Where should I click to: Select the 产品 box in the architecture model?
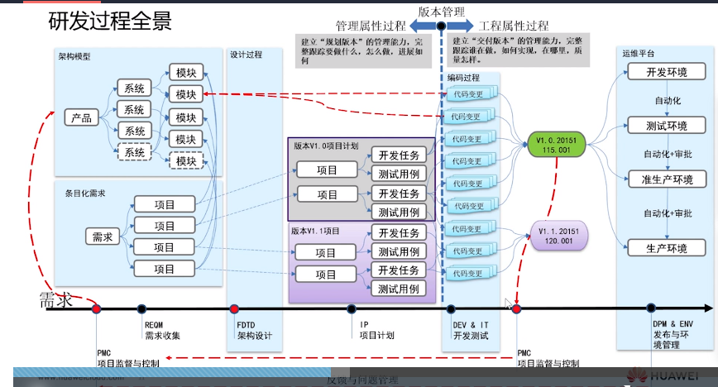(x=82, y=117)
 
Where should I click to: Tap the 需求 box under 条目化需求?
(x=102, y=237)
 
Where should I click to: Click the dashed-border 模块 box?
(x=185, y=161)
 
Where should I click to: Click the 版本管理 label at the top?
(x=441, y=12)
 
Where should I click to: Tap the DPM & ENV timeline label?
(x=670, y=325)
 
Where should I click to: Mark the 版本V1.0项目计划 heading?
(x=326, y=145)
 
